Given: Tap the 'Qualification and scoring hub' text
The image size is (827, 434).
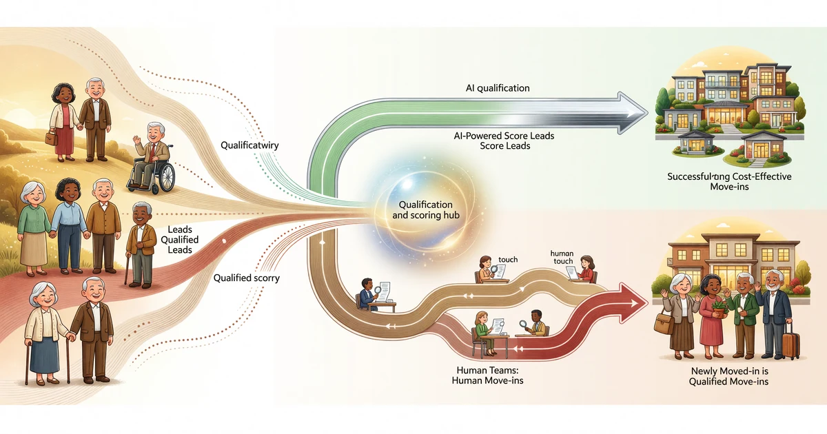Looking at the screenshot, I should click(x=422, y=210).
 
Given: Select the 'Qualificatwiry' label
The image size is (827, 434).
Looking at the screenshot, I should click(x=249, y=145).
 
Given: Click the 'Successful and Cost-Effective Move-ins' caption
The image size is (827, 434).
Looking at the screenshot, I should click(x=729, y=182).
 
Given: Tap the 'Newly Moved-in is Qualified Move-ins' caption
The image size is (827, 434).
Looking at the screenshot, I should click(x=728, y=376).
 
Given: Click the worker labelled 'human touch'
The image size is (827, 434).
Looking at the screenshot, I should click(x=586, y=267).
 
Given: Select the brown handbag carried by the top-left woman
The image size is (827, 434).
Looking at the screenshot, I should click(x=51, y=137).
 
